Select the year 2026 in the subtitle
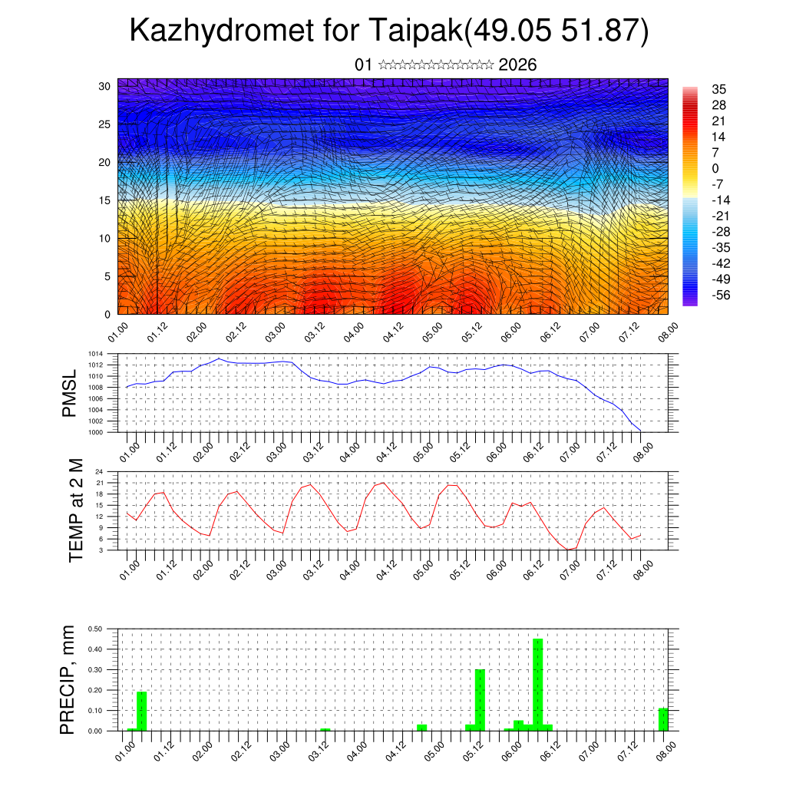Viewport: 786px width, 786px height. tap(517, 65)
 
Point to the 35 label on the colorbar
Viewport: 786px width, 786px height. tap(719, 90)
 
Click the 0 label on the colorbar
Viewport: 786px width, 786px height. tap(715, 168)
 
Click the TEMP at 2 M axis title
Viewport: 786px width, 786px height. tap(75, 510)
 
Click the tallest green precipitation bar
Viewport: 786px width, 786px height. tap(537, 683)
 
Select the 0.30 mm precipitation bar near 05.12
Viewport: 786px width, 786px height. tap(480, 698)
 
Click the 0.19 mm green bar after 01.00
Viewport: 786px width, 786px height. tap(141, 711)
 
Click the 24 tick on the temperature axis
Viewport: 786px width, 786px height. tap(100, 471)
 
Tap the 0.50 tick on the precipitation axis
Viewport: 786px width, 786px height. tap(96, 629)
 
